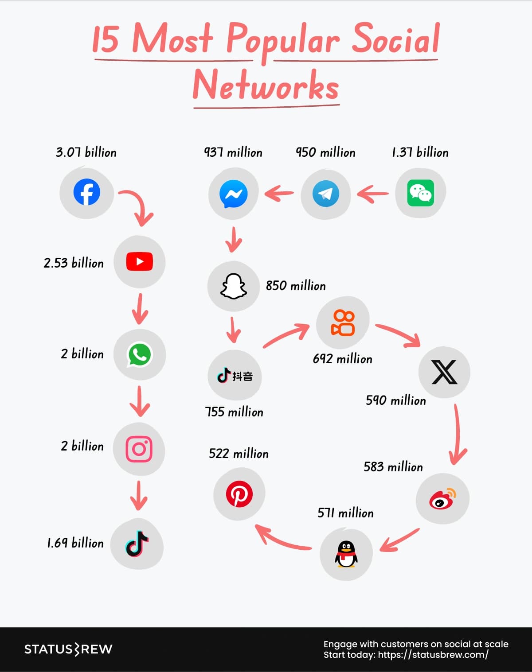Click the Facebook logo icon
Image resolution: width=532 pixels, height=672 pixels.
pos(86,192)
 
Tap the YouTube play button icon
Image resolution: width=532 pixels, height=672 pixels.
pos(140,261)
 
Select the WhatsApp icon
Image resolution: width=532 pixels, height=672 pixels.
pos(140,354)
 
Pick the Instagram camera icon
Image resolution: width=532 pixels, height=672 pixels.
pos(139,449)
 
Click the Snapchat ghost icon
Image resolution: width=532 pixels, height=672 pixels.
pos(234,286)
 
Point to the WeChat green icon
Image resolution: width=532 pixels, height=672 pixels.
pos(420,193)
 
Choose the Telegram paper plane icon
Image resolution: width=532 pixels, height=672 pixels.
pos(326,194)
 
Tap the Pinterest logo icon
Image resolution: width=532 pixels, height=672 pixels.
pos(239,494)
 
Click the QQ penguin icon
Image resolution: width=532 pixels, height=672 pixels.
pos(346,554)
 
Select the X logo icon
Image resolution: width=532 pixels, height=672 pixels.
pos(444,372)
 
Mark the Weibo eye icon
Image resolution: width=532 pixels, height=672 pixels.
pos(442,499)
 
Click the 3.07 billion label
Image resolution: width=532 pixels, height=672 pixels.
pos(86,152)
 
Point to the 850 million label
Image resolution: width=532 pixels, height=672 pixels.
pos(296,286)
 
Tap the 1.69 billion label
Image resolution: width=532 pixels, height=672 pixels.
pos(75,543)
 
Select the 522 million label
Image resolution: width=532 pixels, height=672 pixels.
pos(239,454)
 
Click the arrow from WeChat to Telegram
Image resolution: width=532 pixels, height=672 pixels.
pos(373,194)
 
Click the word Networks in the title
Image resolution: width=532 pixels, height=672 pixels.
pos(266,85)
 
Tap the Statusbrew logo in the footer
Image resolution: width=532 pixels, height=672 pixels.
pos(68,649)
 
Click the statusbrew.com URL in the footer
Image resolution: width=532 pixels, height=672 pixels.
pos(433,655)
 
